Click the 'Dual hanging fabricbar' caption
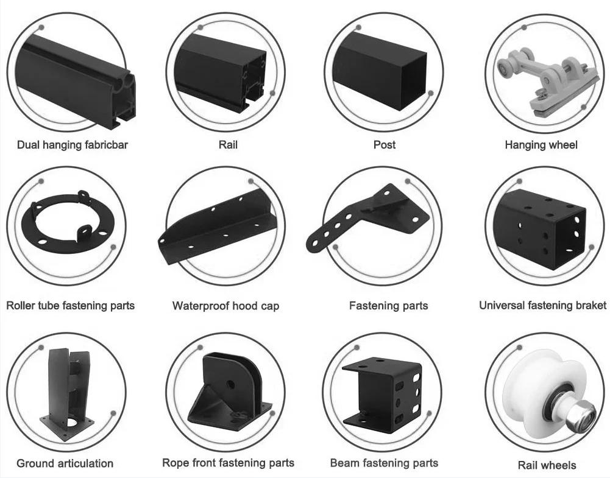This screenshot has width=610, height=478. (x=73, y=145)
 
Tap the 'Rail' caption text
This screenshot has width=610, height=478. (x=227, y=145)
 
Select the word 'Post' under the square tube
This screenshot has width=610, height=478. (x=384, y=145)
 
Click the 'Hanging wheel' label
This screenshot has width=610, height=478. (x=541, y=145)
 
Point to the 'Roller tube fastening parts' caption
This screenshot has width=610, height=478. (x=70, y=305)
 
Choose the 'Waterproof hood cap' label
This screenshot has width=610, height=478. (x=225, y=306)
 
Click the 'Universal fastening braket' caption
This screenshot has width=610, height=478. (x=542, y=305)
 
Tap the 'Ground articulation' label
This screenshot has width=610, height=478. (x=65, y=463)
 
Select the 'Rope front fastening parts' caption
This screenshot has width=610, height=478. (x=228, y=463)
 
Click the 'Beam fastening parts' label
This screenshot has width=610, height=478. (x=384, y=463)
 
